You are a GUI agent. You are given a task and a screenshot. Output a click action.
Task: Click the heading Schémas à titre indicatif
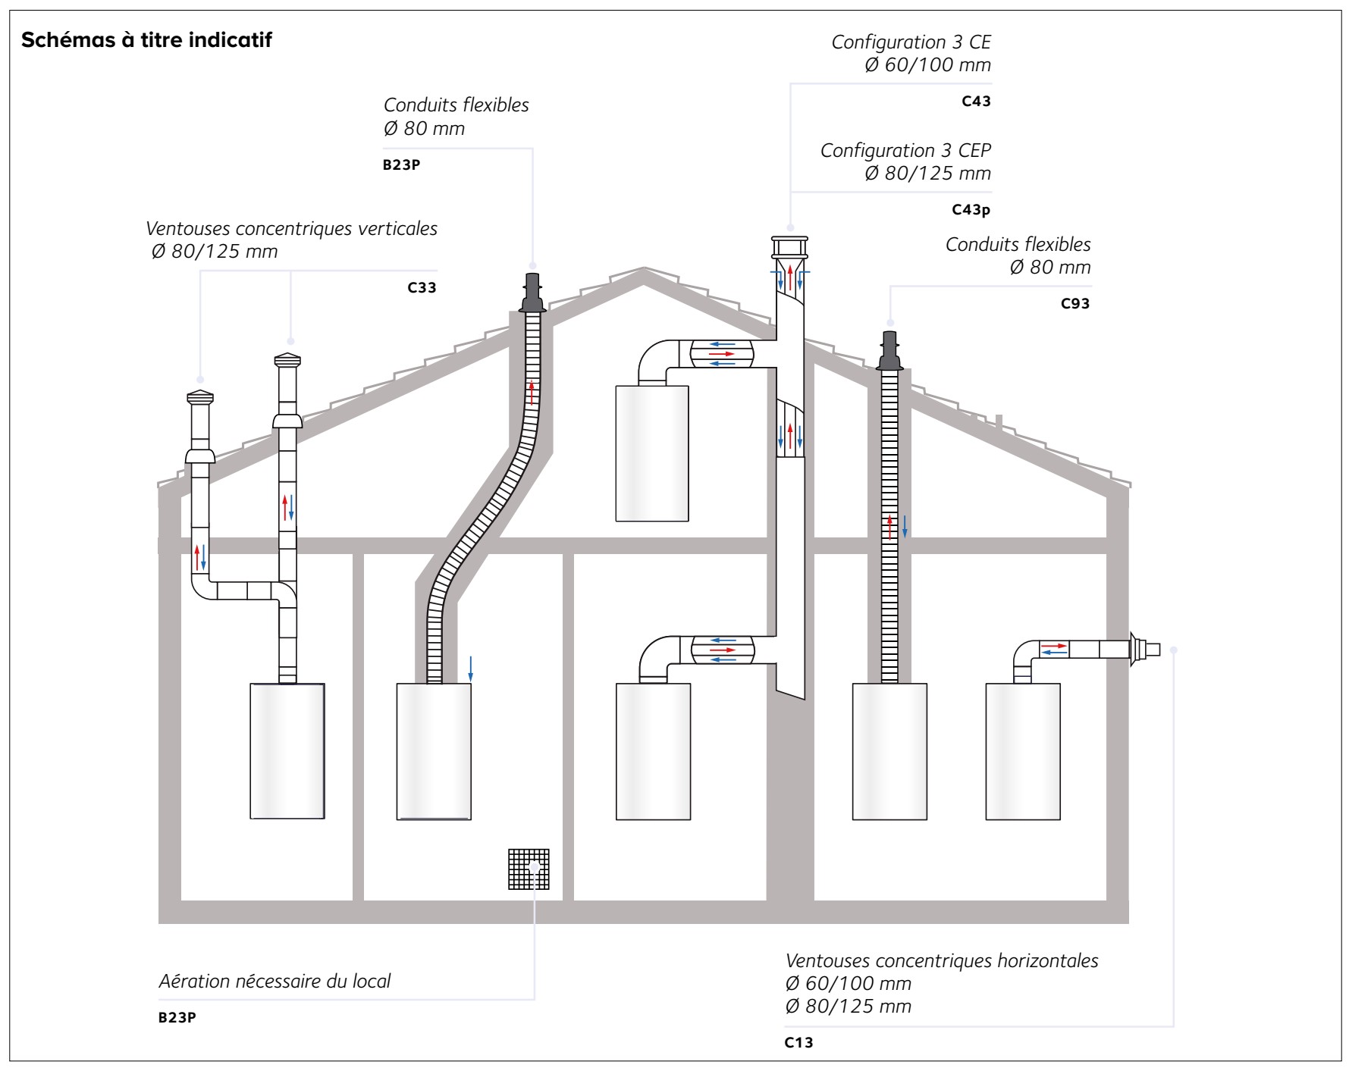click(x=146, y=40)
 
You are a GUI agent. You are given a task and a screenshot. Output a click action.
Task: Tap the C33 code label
click(x=422, y=288)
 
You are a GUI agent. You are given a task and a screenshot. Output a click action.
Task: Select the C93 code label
click(x=1074, y=304)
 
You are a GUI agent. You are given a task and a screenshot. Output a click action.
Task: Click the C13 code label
click(x=798, y=1042)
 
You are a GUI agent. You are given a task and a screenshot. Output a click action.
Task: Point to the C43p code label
click(x=971, y=210)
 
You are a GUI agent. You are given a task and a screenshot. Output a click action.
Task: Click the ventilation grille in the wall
click(x=528, y=869)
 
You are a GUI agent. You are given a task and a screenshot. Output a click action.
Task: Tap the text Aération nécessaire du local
click(x=275, y=981)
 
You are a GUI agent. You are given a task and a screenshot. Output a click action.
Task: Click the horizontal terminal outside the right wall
click(x=1144, y=649)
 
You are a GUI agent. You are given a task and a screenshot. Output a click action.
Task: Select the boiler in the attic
click(x=651, y=453)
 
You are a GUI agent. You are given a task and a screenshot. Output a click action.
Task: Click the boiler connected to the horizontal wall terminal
click(x=1022, y=750)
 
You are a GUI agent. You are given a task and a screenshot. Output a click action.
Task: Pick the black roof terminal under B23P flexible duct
click(x=532, y=293)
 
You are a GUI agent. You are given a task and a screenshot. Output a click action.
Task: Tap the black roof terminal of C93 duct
click(x=889, y=352)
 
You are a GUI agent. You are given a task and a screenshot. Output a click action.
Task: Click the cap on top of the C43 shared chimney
click(x=790, y=247)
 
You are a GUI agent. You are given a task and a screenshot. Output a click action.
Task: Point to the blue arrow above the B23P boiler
click(x=470, y=668)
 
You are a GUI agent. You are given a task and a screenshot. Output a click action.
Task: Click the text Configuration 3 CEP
click(x=905, y=150)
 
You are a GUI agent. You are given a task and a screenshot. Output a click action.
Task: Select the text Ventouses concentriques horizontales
click(x=941, y=960)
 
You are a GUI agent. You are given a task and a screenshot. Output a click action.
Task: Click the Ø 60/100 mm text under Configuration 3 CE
click(x=927, y=65)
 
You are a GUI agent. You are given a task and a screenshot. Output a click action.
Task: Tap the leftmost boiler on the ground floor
click(x=287, y=750)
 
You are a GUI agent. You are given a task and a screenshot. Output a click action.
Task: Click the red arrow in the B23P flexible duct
click(x=532, y=392)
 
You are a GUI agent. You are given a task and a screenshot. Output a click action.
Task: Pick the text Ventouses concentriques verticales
click(x=291, y=228)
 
